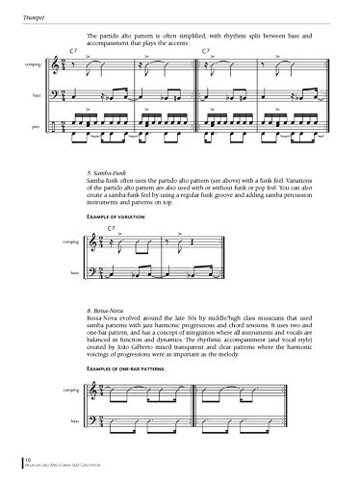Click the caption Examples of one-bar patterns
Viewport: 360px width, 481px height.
126,369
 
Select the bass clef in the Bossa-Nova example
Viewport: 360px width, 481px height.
91,420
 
